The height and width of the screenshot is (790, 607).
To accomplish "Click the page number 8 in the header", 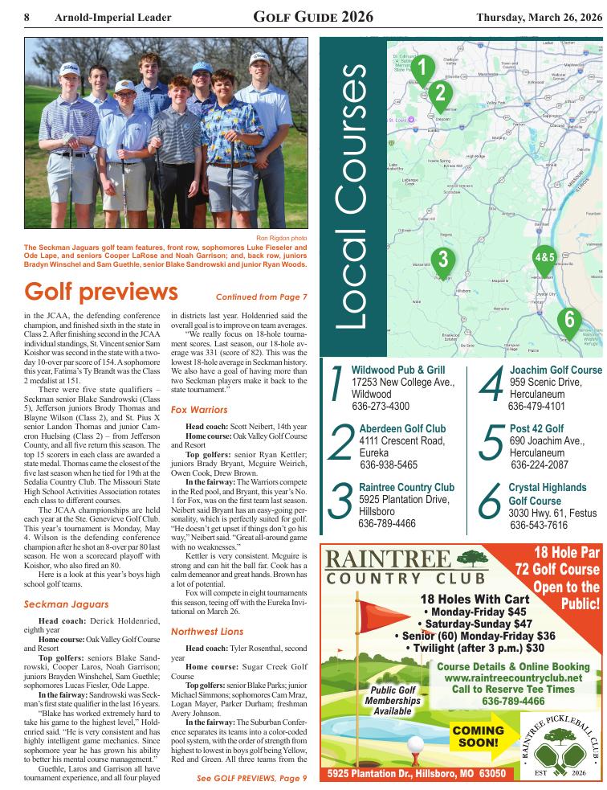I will (x=27, y=17).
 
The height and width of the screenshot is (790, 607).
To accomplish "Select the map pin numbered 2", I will (x=439, y=93).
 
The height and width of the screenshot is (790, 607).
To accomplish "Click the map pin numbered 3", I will (x=442, y=259).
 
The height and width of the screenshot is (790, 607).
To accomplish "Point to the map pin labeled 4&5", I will (x=544, y=257).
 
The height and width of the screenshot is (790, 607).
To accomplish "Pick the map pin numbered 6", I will (x=569, y=319).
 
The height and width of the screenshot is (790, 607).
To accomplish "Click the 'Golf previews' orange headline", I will (x=101, y=291).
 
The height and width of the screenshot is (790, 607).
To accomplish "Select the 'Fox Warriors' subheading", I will (x=200, y=409).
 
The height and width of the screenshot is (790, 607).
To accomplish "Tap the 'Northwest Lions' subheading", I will (x=207, y=632).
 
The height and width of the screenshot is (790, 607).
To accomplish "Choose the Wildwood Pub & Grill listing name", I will (x=398, y=370).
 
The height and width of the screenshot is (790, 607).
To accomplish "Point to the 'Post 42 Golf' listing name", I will (x=536, y=428).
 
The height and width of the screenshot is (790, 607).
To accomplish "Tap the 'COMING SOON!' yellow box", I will (x=479, y=737).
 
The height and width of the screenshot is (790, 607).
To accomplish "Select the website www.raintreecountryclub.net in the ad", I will (x=513, y=677).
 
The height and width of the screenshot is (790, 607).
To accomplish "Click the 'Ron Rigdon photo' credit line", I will (x=282, y=239).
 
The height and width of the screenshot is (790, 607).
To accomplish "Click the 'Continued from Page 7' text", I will (x=262, y=297).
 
